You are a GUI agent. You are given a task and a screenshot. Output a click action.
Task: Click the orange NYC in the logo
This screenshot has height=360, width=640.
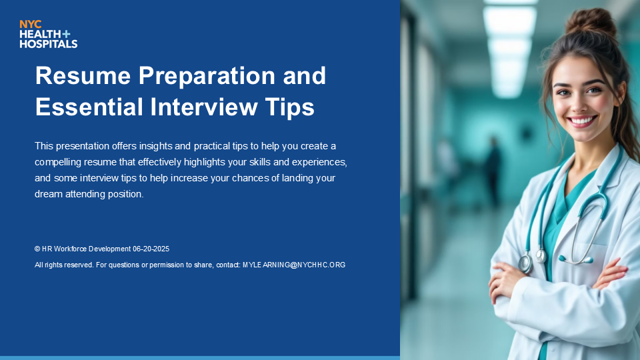[x=30, y=25]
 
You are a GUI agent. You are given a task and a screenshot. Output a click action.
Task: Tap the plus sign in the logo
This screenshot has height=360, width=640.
[x=66, y=34]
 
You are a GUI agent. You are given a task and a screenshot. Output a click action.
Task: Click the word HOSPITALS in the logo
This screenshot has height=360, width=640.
[x=49, y=43]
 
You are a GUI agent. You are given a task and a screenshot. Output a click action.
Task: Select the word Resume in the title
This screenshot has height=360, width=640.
[x=83, y=75]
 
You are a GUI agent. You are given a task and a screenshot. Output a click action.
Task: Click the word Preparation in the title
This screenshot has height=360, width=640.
[x=207, y=76]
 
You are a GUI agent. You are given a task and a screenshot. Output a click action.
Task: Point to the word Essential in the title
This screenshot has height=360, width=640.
[x=89, y=107]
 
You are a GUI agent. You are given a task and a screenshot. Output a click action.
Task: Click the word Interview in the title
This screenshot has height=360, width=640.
[x=204, y=107]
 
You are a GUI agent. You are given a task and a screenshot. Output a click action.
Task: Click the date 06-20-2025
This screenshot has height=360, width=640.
[x=151, y=249]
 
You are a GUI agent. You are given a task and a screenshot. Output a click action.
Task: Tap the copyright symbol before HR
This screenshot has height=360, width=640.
[x=37, y=249]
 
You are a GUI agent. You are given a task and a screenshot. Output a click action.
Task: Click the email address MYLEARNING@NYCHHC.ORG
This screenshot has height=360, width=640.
[x=294, y=265]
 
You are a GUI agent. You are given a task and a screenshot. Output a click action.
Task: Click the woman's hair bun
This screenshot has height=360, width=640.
[x=591, y=23]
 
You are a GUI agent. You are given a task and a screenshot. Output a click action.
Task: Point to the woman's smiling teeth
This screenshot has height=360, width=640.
[x=582, y=121]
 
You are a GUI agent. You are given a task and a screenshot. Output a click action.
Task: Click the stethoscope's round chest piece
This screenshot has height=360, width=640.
[x=525, y=263]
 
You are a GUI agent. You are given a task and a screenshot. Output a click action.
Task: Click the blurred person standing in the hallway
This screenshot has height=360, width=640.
[x=493, y=171]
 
